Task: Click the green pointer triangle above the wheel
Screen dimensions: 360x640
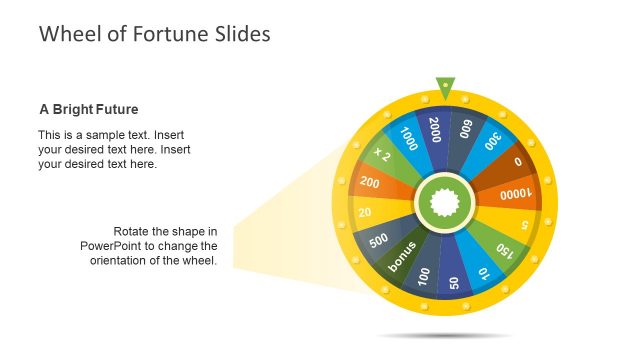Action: pyautogui.click(x=444, y=87)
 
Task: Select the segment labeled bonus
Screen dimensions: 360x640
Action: pyautogui.click(x=401, y=258)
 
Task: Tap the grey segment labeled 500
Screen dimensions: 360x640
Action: pyautogui.click(x=379, y=241)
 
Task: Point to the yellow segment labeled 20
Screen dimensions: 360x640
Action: pyautogui.click(x=366, y=212)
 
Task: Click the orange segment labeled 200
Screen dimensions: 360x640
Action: pyautogui.click(x=371, y=182)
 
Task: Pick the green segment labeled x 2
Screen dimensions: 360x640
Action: pyautogui.click(x=383, y=155)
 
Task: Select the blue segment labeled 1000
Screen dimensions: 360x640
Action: pyautogui.click(x=408, y=138)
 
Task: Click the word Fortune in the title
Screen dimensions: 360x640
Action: pyautogui.click(x=165, y=34)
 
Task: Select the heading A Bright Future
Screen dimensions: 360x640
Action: pyautogui.click(x=88, y=109)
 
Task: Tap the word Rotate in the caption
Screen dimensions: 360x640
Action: pyautogui.click(x=133, y=231)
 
